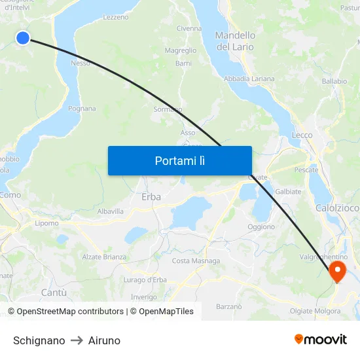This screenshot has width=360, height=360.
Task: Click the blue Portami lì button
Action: (179, 160)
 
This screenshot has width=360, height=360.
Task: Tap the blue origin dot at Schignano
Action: (22, 38)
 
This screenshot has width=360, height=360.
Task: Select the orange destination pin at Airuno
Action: (338, 271)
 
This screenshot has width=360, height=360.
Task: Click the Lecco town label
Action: (302, 135)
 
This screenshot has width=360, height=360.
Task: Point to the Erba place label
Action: (151, 196)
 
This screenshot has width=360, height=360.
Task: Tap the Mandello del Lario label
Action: (236, 41)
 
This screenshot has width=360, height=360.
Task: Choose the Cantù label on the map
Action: (54, 293)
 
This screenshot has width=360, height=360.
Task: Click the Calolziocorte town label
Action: (338, 207)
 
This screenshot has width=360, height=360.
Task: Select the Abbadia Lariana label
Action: (249, 79)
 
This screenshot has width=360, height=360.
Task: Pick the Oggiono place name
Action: (261, 226)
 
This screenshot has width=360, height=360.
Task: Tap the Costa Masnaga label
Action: (196, 261)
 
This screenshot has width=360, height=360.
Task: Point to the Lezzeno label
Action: (116, 17)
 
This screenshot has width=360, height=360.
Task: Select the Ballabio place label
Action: (334, 81)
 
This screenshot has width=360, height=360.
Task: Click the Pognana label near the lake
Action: (82, 109)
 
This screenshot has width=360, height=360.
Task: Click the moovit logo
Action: (321, 339)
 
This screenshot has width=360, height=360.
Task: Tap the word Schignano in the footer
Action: (39, 340)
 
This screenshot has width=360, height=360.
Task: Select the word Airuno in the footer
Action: (104, 340)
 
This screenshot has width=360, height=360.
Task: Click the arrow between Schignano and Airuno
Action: (77, 340)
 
